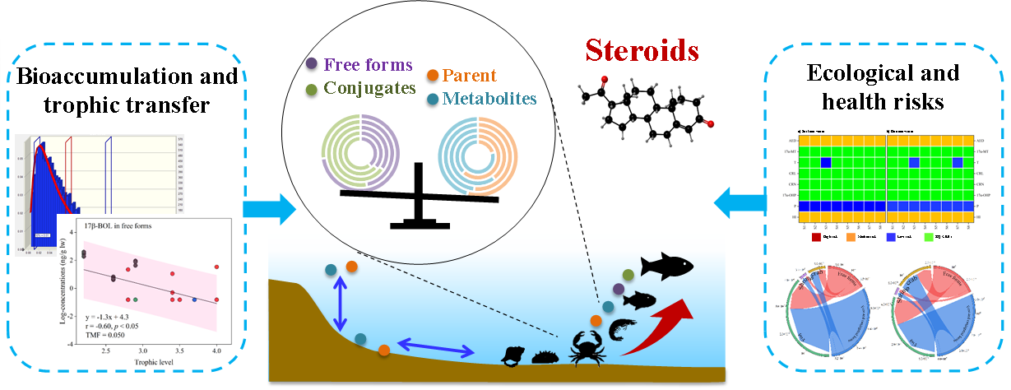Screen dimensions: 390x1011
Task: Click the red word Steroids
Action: pyautogui.click(x=642, y=50)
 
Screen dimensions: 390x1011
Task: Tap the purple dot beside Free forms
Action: pyautogui.click(x=312, y=63)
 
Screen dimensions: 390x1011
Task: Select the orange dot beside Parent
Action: pyautogui.click(x=433, y=77)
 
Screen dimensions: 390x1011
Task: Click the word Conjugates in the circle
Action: pyautogui.click(x=369, y=87)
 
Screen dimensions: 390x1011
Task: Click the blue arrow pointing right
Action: pyautogui.click(x=280, y=209)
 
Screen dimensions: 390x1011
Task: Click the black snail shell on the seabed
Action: pyautogui.click(x=514, y=356)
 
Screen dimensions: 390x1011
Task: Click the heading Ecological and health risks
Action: pyautogui.click(x=882, y=86)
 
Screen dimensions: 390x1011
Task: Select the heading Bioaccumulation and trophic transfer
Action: pyautogui.click(x=127, y=90)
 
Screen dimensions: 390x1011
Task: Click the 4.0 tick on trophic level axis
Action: pyautogui.click(x=216, y=351)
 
